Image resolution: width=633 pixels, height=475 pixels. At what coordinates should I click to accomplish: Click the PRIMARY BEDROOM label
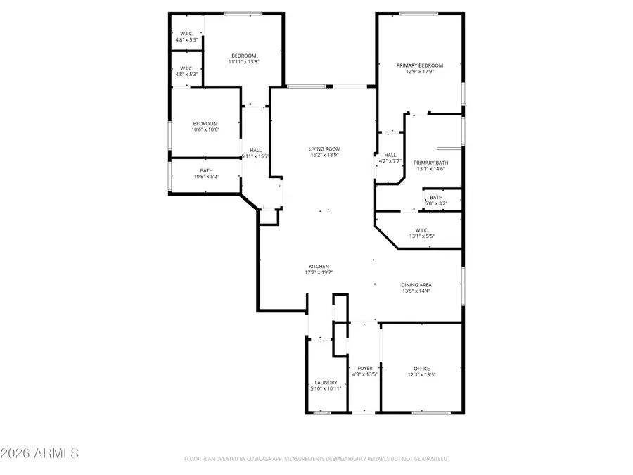pos(419,65)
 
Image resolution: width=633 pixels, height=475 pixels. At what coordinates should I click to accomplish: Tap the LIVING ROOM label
pos(324,148)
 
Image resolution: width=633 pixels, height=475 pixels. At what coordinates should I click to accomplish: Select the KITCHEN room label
pos(317,267)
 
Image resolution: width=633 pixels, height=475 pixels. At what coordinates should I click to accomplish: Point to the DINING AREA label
pos(416,285)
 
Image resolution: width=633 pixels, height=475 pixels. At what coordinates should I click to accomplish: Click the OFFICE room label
pos(421,369)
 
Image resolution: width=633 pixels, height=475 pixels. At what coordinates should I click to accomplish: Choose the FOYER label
pos(365,368)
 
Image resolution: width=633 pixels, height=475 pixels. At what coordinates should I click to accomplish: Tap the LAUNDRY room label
pos(326,382)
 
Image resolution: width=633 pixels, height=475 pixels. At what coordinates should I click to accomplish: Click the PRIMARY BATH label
pos(430,163)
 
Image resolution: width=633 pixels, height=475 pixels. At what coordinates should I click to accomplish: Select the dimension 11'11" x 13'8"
pos(244,62)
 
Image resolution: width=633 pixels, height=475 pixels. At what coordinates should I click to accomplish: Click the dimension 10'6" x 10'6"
pos(205,129)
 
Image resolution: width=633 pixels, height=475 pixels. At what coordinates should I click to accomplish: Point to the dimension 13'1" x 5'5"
pos(422,236)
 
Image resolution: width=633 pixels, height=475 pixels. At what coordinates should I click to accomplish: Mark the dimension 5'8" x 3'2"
pos(436,203)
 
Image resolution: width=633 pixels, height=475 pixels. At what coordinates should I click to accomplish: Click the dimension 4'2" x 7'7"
pos(390,161)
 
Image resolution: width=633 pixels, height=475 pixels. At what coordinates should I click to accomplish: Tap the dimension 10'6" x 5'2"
pos(205,177)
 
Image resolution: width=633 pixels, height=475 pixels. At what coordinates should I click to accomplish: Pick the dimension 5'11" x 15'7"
pos(255,156)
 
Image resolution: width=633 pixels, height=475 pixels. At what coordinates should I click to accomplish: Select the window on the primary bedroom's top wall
pos(419,13)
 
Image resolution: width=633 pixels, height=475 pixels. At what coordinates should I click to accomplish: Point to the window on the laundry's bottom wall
pos(322,413)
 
